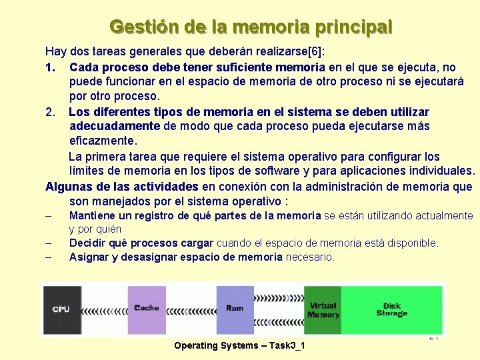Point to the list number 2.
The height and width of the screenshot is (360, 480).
50,111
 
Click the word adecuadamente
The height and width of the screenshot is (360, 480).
115,126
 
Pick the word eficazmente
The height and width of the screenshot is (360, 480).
102,141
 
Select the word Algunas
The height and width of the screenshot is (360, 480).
68,186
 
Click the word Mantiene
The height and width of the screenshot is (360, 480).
93,216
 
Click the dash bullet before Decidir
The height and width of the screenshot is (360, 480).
49,243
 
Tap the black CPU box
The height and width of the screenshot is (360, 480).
61,309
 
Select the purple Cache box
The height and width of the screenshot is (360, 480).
147,309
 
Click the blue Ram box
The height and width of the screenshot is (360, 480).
235,309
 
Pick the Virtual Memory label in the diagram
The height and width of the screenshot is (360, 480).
323,310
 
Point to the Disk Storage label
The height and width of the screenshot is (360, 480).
391,310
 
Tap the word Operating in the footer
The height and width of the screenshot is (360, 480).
196,345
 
